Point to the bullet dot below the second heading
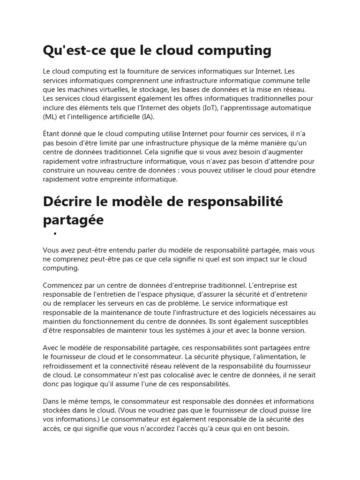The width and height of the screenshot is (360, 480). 55,233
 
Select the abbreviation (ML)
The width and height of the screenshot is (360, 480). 50,117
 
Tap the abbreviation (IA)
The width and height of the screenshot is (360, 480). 146,117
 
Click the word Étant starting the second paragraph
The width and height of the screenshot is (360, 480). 52,135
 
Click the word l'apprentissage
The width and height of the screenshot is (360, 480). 247,108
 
